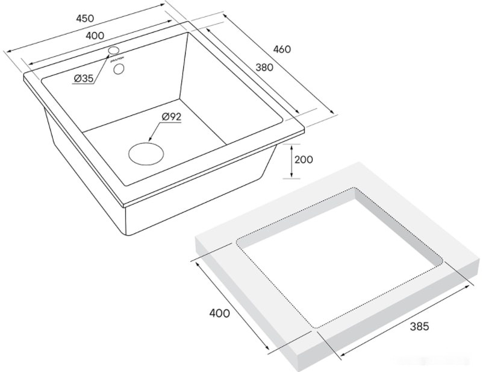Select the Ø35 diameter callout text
pyautogui.click(x=84, y=78)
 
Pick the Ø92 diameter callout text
pyautogui.click(x=172, y=117)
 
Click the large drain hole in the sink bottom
pyautogui.click(x=146, y=152)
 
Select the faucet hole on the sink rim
pyautogui.click(x=115, y=50)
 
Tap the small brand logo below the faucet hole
pyautogui.click(x=115, y=59)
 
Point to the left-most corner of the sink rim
pyautogui.click(x=24, y=77)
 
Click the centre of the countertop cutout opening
pyautogui.click(x=340, y=257)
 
